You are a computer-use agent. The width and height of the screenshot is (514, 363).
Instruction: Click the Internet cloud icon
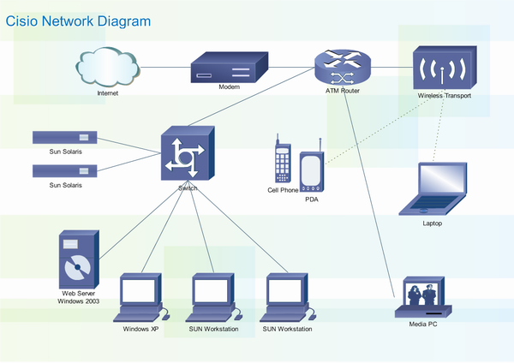coord(108,65)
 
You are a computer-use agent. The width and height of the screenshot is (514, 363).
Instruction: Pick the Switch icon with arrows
coord(186,155)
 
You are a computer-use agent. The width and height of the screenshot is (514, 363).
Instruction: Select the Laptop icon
coord(439,188)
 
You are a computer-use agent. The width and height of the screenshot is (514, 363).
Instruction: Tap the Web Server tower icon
coord(78,260)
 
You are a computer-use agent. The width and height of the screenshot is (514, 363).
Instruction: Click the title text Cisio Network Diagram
coord(79,21)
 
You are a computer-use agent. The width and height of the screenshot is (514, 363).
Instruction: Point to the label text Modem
coord(229,86)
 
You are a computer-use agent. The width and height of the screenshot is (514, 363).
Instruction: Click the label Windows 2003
coord(80,301)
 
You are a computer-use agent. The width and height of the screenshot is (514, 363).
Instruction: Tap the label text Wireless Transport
coord(445,97)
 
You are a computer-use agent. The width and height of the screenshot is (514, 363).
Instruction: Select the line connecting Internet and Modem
coord(164,66)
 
